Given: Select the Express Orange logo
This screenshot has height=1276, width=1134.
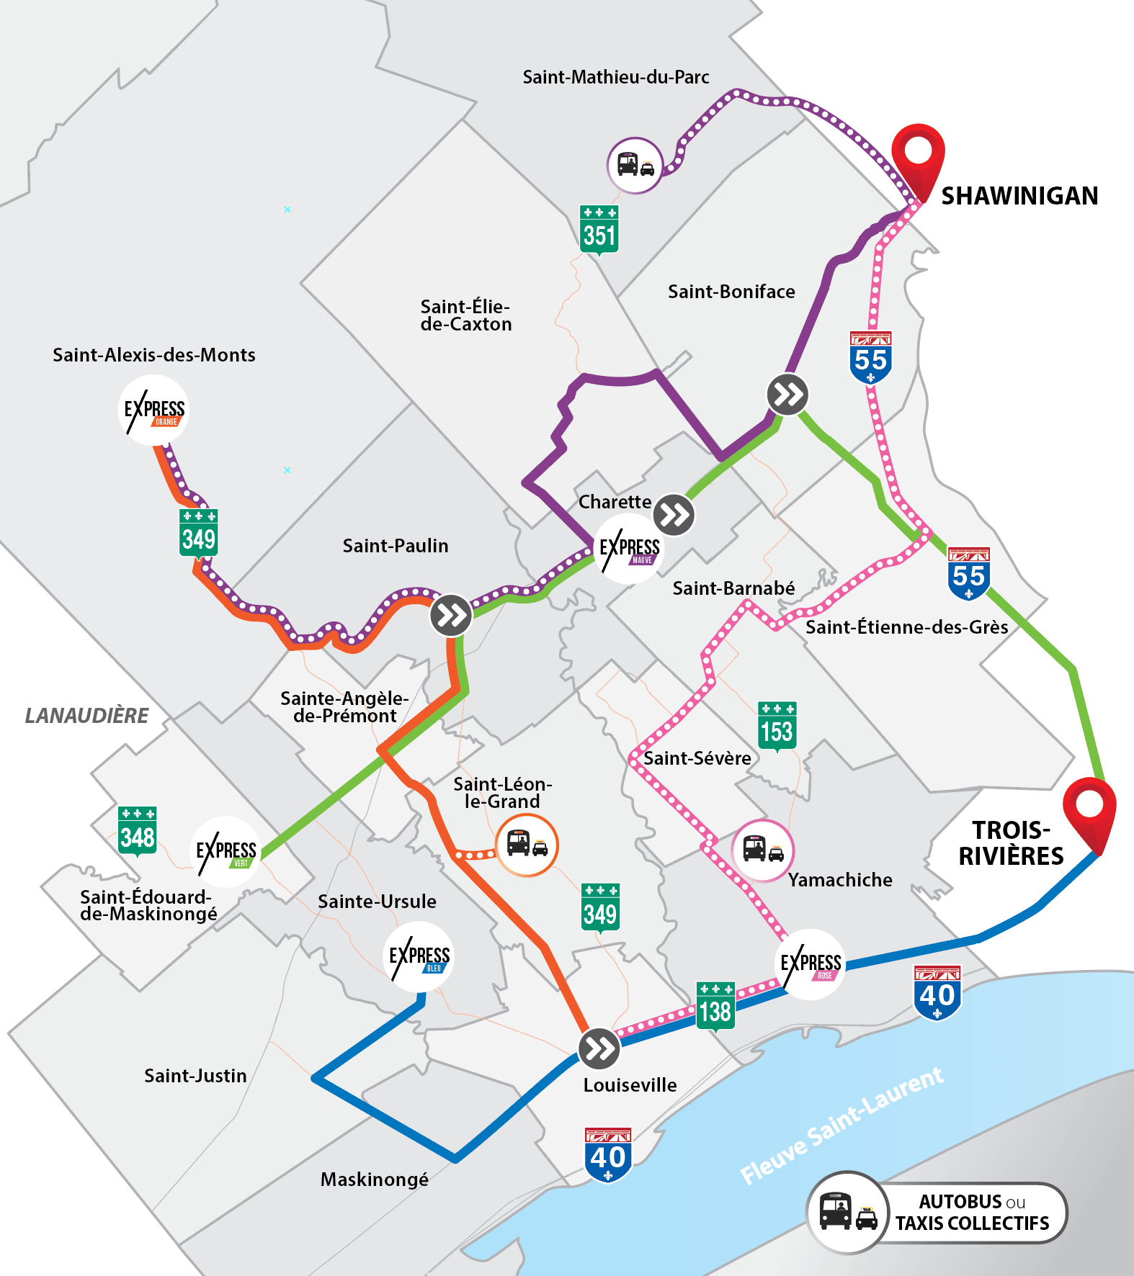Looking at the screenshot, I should coord(153,410).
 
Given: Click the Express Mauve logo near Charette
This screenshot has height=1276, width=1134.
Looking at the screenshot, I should coord(628,549).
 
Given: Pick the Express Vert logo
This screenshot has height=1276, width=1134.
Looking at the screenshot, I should coord(226,852).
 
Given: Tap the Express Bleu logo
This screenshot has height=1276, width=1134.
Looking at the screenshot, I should coord(419,957).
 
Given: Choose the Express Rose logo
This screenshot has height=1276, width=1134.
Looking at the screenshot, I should coord(811,964).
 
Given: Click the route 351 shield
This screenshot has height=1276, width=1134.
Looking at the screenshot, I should coord(599,229).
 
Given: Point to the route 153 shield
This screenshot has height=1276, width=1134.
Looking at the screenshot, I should coord(777,726).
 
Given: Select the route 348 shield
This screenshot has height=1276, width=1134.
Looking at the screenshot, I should coord(137,831).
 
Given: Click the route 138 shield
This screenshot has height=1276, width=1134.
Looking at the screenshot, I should coord(715,1006).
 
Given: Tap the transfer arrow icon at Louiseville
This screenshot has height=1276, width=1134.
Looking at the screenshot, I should coord(599,1048).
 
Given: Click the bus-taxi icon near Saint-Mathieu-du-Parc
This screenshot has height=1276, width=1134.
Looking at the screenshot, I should coord(635,166).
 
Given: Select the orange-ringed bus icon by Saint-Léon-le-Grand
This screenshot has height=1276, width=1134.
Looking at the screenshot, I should coord(527,845).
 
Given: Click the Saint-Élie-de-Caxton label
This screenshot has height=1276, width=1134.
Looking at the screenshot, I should coord(465,315).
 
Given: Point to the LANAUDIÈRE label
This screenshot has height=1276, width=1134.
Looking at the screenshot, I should coord(86,715).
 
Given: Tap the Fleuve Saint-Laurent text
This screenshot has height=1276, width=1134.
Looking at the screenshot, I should coord(841,1126).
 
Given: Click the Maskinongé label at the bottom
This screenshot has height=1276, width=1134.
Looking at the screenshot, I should coord(374,1180).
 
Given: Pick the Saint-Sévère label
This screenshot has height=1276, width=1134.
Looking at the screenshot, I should coord(697,758).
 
